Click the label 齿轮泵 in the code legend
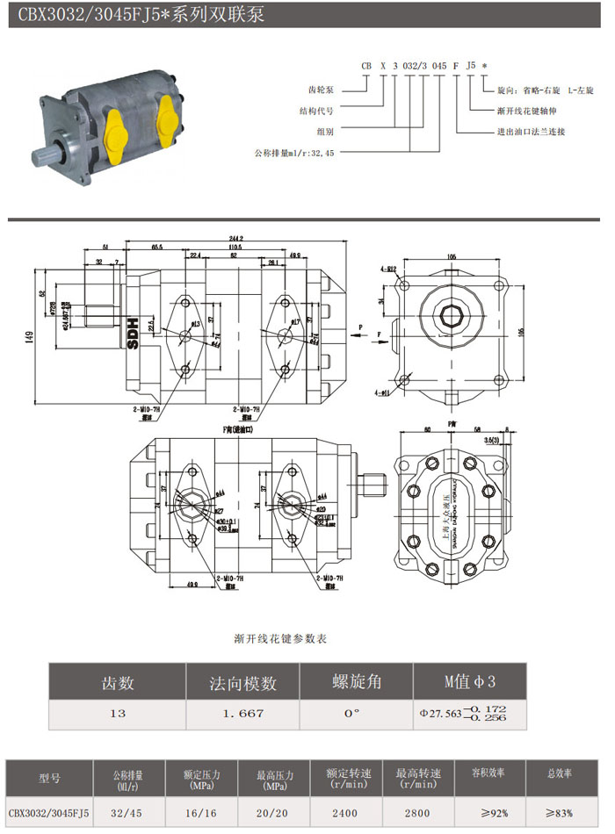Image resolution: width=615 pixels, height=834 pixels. (x=325, y=90)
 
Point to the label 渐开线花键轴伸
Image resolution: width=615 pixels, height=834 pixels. (x=528, y=111)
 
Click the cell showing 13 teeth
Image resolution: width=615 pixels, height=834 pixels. (x=117, y=714)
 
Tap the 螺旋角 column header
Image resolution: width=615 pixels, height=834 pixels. (x=356, y=682)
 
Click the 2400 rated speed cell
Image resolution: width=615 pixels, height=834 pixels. (x=348, y=813)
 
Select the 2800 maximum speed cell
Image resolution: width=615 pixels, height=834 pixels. (x=417, y=813)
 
